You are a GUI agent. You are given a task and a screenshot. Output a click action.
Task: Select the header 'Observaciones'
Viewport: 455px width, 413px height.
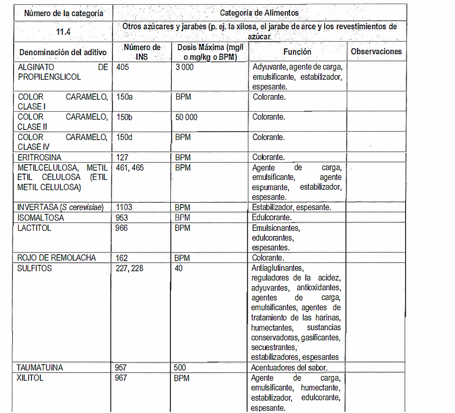(376, 51)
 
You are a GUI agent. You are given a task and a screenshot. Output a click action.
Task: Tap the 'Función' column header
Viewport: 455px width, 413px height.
(297, 52)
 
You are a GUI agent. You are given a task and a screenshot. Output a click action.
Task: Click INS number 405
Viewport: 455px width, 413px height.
(122, 67)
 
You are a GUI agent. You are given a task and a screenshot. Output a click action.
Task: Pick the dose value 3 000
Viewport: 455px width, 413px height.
(184, 67)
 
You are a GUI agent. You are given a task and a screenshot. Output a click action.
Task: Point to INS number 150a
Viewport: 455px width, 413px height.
(124, 97)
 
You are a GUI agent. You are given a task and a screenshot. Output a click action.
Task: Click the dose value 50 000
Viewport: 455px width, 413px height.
(186, 117)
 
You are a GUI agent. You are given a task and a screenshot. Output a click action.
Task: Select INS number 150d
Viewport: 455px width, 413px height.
(124, 137)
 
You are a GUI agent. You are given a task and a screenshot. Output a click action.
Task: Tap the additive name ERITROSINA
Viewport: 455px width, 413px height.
(40, 157)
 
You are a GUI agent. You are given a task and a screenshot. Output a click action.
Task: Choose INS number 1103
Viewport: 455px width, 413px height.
(124, 208)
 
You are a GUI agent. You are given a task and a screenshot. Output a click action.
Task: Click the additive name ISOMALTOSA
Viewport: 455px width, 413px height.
(41, 218)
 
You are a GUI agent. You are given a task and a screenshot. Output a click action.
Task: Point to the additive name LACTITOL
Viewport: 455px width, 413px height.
(34, 228)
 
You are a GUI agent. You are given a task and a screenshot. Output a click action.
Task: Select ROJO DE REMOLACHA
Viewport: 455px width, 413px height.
(57, 258)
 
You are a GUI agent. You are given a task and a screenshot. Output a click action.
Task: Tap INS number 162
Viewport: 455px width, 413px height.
(122, 258)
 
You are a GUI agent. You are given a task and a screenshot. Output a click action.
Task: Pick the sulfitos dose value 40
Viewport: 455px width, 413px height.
(178, 268)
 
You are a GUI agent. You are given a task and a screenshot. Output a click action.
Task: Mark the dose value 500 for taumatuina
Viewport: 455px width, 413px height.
(180, 368)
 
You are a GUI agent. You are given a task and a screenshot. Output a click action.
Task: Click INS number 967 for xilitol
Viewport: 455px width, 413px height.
(121, 378)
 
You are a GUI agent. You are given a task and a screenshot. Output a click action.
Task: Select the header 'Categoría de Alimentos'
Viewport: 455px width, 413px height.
(259, 13)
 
